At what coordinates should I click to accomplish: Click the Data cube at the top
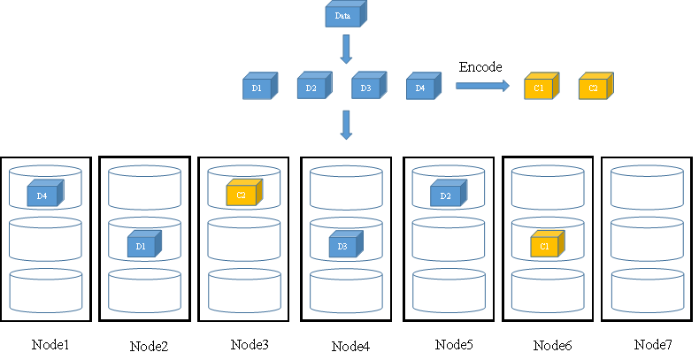pos(344,15)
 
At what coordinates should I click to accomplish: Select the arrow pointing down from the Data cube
pos(346,50)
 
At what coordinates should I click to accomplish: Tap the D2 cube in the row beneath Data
pos(312,88)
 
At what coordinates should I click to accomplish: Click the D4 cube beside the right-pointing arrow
pos(422,88)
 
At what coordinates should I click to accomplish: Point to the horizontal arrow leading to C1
pos(482,86)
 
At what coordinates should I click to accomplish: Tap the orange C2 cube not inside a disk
pos(595,88)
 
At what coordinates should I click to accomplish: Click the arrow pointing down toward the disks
pos(346,125)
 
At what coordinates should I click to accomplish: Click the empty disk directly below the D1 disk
pos(144,291)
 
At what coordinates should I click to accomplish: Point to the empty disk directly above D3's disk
pos(346,188)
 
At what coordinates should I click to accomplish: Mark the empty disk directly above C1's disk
pos(547,188)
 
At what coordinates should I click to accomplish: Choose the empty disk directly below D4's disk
pos(45,239)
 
